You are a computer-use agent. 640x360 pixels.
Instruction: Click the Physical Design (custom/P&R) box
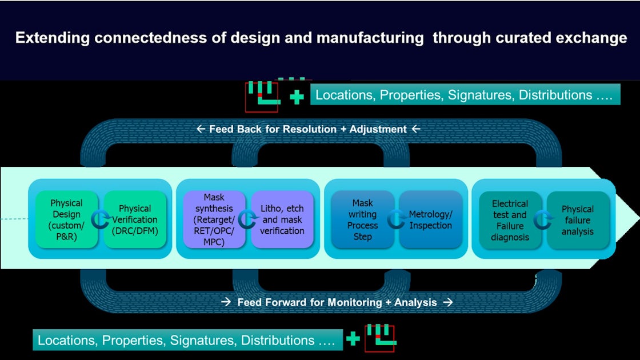point(66,219)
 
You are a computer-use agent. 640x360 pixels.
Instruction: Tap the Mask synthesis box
point(214,219)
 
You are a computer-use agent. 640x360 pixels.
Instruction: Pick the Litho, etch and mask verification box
point(282,219)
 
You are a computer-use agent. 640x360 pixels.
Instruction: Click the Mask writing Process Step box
point(362,219)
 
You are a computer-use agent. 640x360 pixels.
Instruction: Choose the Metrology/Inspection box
point(430,219)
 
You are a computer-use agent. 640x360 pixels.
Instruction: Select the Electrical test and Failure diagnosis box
point(510,219)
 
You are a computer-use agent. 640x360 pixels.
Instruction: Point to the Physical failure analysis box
point(578,220)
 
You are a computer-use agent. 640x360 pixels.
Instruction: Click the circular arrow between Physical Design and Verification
point(101,220)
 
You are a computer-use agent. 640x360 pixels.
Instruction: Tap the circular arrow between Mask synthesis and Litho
point(247,220)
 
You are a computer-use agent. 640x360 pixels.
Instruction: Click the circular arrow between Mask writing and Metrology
point(396,220)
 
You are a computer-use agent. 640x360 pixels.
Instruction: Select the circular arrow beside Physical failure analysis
point(543,220)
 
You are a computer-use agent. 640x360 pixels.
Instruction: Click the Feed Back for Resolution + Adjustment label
point(309,129)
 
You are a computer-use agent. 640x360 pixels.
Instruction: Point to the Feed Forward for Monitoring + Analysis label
point(337,302)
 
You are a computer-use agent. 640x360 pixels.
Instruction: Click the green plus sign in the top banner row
point(297,97)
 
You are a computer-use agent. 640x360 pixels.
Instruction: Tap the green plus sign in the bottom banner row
point(353,339)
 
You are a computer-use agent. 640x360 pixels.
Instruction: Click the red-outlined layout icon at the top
point(262,97)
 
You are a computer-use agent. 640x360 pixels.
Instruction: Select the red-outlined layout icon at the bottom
point(379,338)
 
